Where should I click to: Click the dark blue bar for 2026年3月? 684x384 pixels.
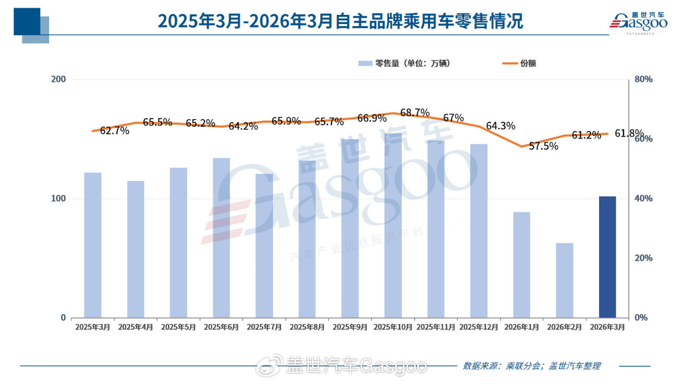coord(607,257)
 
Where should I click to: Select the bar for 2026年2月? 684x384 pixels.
coord(564,280)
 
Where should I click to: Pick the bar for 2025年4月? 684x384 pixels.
coord(136,249)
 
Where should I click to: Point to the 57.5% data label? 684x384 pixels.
coord(543,146)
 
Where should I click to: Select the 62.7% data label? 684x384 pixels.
coord(114,130)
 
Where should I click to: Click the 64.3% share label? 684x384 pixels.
coord(501,126)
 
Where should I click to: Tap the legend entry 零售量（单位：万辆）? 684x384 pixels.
coord(405,63)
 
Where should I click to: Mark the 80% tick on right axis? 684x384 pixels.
coord(643,80)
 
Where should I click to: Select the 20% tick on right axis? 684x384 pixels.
coord(643,258)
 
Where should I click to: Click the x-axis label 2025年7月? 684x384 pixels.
coord(264,326)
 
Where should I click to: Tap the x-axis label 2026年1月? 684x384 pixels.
coord(521,326)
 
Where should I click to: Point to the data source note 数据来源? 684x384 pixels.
coord(531,366)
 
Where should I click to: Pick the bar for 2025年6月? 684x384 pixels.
coord(221,238)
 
